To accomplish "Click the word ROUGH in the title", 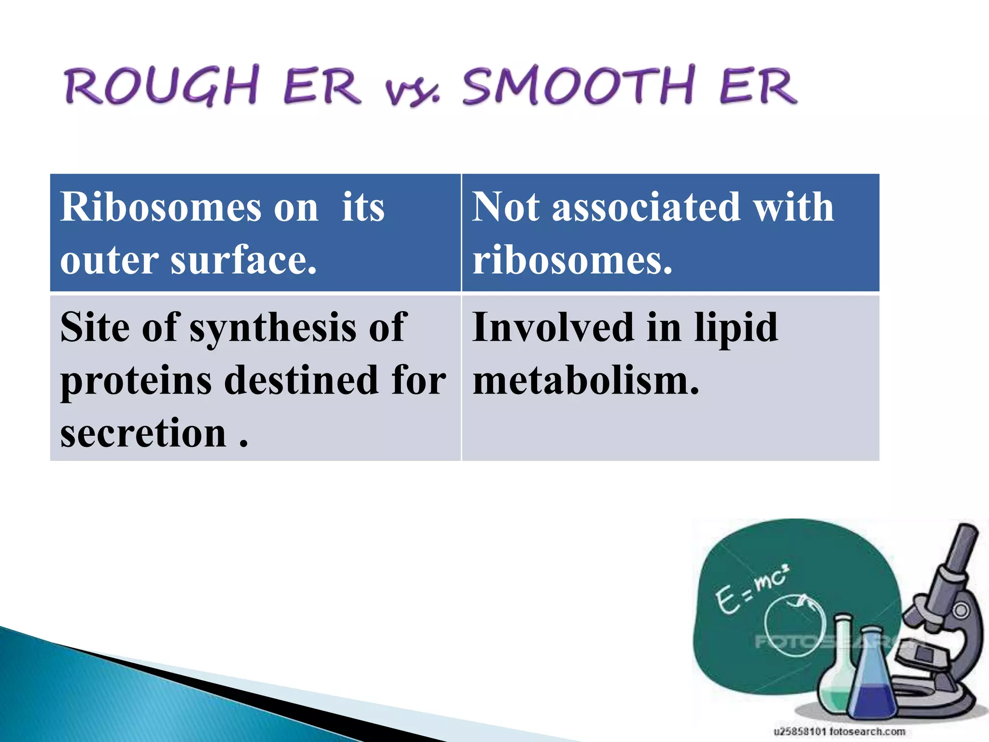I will [162, 86].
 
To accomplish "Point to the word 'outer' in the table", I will [109, 261].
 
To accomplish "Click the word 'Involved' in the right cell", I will [553, 328].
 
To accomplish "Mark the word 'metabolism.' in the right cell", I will [585, 381].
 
